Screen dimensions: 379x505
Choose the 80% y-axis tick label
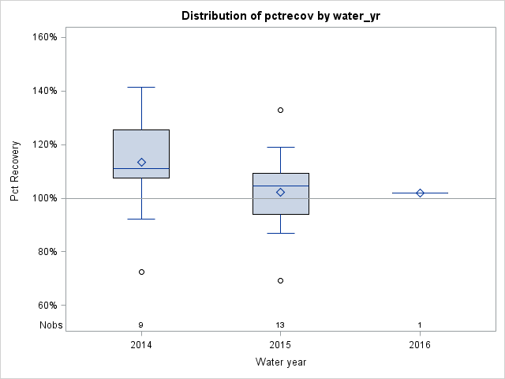(45, 252)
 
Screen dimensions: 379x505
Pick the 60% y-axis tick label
(45, 306)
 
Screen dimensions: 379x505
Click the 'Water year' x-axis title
(280, 362)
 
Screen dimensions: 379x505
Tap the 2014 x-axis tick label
(141, 345)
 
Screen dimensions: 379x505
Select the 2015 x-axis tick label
(280, 345)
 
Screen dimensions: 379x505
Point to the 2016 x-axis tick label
(420, 345)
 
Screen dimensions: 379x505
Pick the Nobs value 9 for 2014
(141, 325)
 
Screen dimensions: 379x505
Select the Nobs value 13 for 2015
(280, 325)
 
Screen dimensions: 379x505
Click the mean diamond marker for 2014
(141, 162)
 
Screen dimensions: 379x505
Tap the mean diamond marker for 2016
(420, 193)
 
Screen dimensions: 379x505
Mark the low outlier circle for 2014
(141, 272)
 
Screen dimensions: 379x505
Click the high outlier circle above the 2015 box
(280, 110)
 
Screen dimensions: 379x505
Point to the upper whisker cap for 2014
(141, 87)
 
